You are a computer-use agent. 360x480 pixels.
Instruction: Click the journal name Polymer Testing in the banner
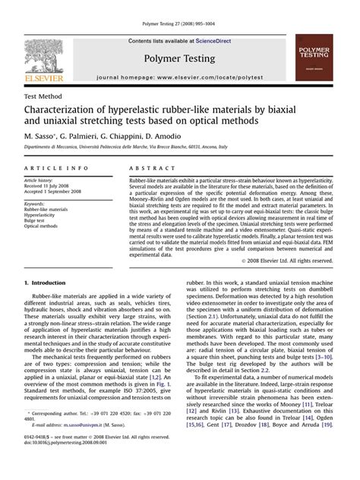point(180,58)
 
